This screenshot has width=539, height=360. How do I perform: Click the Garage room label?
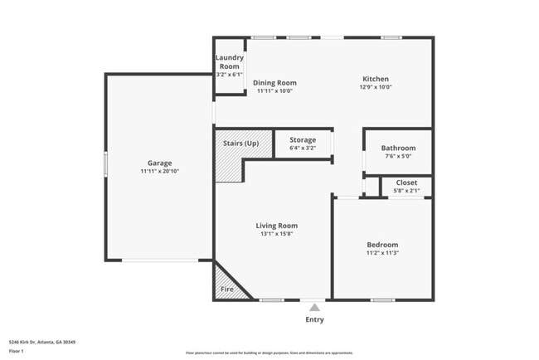160,163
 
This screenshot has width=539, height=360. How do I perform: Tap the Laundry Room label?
229,61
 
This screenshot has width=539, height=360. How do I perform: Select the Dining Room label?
274,83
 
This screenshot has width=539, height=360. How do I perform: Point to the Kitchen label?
376,79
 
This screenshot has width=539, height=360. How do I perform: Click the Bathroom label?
397,148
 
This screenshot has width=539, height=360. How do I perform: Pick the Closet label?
406,182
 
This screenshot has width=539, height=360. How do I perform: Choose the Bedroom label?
382,245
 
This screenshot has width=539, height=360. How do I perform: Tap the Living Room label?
276,226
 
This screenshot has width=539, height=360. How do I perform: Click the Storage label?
303,140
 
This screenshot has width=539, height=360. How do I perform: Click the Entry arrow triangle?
314,308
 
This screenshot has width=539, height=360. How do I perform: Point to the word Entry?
314,319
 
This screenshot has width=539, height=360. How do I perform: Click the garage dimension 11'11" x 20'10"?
160,171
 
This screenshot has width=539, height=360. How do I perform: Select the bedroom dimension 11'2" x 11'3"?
382,253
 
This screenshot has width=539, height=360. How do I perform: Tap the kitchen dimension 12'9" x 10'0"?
376,87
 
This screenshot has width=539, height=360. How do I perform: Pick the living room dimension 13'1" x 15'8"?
276,234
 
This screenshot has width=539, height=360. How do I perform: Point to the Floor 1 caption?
17,351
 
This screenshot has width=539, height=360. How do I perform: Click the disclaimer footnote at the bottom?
269,353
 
